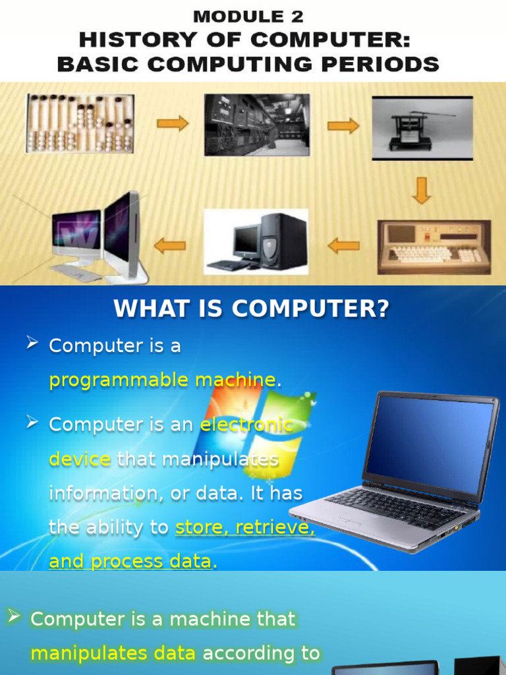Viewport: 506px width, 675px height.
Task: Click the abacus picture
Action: pyautogui.click(x=80, y=123)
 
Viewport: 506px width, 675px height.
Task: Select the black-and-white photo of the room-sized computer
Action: pyautogui.click(x=256, y=125)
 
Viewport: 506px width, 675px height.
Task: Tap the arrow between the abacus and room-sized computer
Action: pyautogui.click(x=173, y=123)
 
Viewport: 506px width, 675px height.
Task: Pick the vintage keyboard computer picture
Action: pyautogui.click(x=434, y=247)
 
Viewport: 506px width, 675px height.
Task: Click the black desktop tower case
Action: pyautogui.click(x=283, y=241)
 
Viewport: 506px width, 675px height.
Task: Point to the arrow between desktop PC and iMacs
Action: pyautogui.click(x=169, y=246)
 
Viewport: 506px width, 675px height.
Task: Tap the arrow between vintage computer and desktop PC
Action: pyautogui.click(x=343, y=246)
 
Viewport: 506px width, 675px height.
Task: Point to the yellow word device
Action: pyautogui.click(x=79, y=459)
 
